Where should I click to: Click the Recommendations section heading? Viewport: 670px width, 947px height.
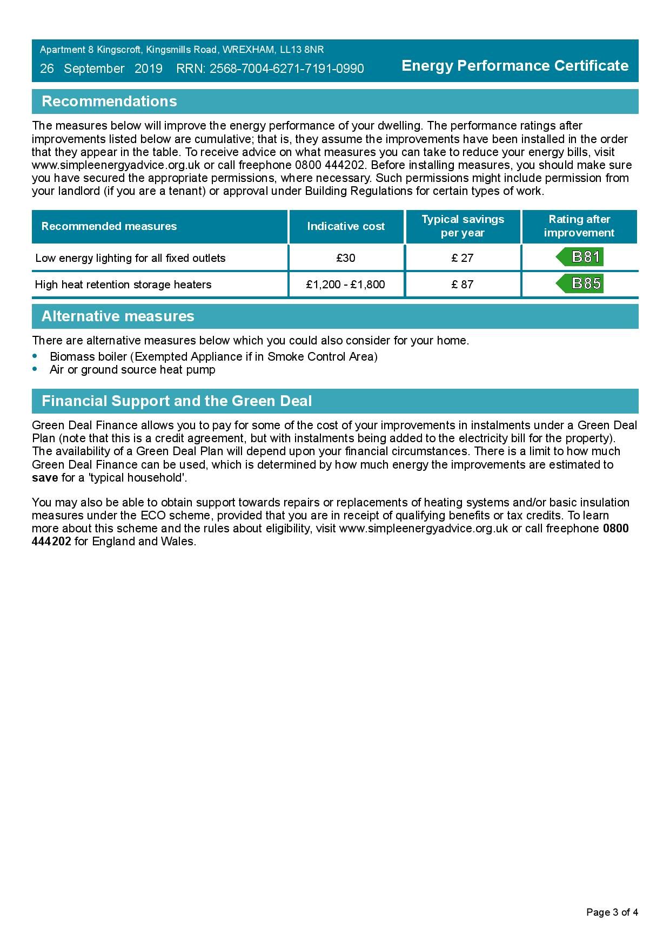[x=109, y=102]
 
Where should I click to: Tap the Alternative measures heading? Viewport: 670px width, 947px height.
[x=118, y=316]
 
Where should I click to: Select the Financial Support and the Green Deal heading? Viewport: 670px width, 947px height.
[x=177, y=401]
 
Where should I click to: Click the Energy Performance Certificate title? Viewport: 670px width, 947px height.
[x=515, y=66]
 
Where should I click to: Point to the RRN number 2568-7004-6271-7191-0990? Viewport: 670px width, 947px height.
[x=286, y=69]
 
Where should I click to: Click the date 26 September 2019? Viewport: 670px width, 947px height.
[x=101, y=69]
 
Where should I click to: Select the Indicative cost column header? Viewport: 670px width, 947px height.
[x=346, y=227]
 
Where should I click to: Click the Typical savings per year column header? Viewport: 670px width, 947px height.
[x=463, y=226]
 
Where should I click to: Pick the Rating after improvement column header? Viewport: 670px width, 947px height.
[x=579, y=226]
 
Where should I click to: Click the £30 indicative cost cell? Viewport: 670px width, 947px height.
[x=346, y=258]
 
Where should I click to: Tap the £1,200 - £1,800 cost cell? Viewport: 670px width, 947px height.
[x=346, y=285]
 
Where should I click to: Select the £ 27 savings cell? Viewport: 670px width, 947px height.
[x=463, y=258]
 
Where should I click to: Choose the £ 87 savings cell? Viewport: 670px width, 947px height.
[x=463, y=285]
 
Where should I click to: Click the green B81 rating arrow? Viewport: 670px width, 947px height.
[x=580, y=257]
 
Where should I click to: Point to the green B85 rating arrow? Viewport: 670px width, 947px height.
[x=580, y=283]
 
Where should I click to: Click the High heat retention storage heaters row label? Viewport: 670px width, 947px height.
[x=123, y=285]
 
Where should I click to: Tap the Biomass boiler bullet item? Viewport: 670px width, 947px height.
[x=213, y=357]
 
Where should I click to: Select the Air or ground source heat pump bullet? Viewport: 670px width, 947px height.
[x=132, y=370]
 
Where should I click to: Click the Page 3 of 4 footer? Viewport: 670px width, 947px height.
[x=612, y=912]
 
